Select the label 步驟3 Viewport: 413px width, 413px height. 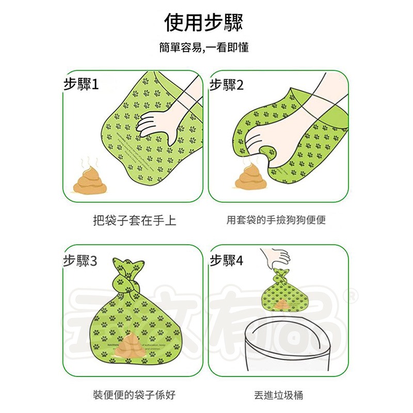tap(81, 260)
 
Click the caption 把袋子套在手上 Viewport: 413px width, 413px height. tap(134, 221)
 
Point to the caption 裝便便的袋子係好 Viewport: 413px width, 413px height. tap(134, 395)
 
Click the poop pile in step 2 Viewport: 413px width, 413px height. tap(249, 177)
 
